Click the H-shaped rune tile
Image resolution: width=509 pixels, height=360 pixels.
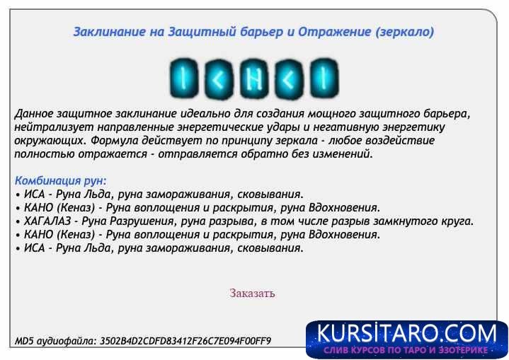254,77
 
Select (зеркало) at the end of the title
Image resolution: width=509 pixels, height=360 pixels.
406,32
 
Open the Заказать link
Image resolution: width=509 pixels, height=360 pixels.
252,293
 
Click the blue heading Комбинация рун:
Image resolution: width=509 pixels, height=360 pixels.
60,180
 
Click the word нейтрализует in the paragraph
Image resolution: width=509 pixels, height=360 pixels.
47,127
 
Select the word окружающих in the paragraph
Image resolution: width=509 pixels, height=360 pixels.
46,141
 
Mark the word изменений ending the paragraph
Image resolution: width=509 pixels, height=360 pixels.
343,154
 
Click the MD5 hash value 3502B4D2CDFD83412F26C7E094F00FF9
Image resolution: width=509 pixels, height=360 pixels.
185,341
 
